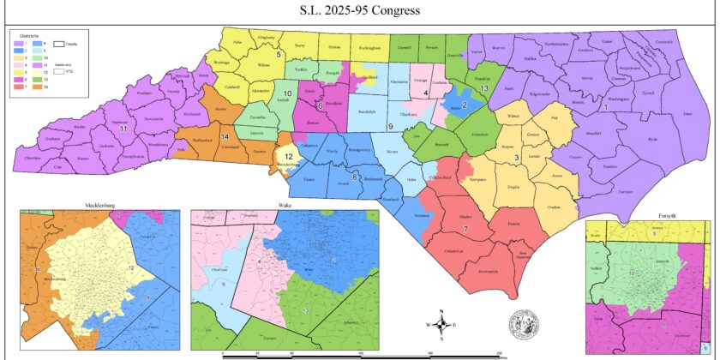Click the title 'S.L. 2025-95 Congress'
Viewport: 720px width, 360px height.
(x=360, y=12)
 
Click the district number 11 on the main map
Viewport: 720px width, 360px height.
(x=123, y=128)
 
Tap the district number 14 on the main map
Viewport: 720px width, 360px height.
(x=225, y=137)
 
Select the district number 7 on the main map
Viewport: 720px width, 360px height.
(x=465, y=229)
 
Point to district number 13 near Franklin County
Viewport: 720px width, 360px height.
(x=484, y=88)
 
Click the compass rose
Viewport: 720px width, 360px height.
(x=441, y=324)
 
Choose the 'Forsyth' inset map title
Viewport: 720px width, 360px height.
(x=657, y=217)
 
